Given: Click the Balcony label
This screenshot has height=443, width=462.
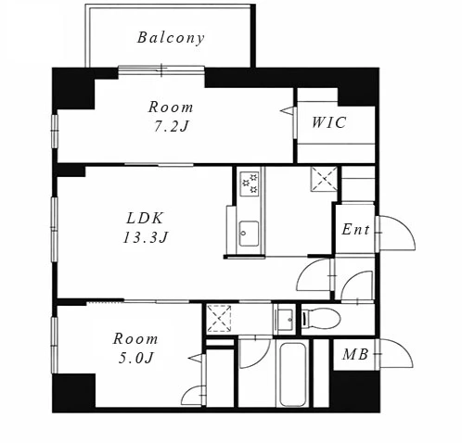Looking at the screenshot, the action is click(x=171, y=38).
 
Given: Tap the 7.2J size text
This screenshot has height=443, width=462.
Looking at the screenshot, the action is click(x=172, y=126).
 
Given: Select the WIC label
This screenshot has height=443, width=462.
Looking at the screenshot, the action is click(x=328, y=122).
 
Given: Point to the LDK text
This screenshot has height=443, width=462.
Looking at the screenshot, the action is click(x=145, y=219).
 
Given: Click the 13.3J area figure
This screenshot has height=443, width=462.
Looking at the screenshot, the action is click(x=146, y=237).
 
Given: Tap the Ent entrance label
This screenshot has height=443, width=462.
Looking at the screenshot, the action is click(x=355, y=230).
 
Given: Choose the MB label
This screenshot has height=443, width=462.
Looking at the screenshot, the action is click(x=355, y=354).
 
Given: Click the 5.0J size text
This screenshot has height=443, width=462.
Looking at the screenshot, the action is click(x=136, y=358).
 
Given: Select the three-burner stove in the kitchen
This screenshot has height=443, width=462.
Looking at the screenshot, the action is click(x=250, y=184).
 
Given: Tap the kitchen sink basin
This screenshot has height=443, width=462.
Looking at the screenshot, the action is click(x=249, y=234).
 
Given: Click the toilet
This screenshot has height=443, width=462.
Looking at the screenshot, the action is click(x=322, y=319).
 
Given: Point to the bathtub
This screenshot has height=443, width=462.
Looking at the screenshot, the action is click(x=293, y=373).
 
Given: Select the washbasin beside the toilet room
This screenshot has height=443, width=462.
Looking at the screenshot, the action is click(x=286, y=319).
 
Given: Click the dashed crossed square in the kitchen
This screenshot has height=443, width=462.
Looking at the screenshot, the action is click(x=324, y=179).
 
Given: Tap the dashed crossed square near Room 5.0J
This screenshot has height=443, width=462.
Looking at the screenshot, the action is click(x=219, y=319).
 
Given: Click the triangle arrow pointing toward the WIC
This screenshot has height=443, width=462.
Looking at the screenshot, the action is click(x=288, y=110).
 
